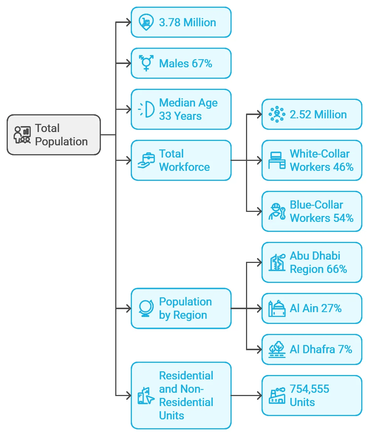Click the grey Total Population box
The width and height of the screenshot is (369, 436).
54,135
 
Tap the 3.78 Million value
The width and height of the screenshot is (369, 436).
187,23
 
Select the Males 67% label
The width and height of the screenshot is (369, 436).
185,63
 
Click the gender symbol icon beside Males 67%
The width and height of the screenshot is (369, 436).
146,63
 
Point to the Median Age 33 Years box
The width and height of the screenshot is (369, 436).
181,109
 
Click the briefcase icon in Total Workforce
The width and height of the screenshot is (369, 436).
146,160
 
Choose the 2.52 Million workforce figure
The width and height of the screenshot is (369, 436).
318,115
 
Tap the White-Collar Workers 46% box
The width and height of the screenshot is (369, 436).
312,160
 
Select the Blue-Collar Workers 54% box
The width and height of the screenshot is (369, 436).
312,211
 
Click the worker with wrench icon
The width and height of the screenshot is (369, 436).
277,212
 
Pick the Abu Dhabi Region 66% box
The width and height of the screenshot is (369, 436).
312,263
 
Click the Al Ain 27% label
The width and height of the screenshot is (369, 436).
315,308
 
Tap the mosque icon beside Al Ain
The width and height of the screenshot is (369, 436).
277,308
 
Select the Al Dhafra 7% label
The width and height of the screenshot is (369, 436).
321,349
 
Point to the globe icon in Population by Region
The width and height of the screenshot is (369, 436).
146,308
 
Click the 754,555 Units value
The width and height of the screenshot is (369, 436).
309,396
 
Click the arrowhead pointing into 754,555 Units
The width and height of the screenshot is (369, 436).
259,395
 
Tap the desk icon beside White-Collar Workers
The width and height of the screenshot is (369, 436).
277,160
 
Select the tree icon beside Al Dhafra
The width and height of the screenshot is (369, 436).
277,349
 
